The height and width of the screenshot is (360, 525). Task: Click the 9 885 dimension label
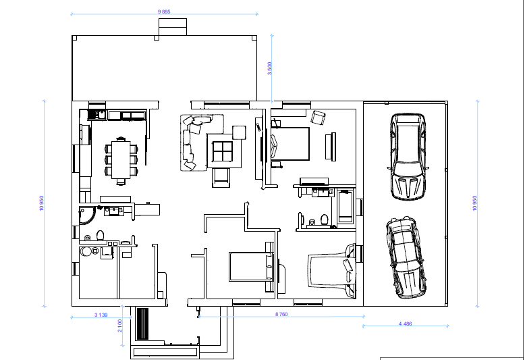tap(164, 11)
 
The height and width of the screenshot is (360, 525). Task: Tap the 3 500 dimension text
tap(269, 68)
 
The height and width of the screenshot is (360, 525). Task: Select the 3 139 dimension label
tap(101, 315)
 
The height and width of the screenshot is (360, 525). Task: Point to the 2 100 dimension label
tap(120, 326)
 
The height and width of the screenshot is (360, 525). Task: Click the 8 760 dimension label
tap(281, 314)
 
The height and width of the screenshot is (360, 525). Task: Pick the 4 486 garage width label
tap(405, 324)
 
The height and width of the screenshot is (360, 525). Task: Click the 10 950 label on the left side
tap(42, 203)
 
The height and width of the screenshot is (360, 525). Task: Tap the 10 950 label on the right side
tap(474, 203)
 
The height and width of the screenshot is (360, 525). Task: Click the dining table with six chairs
tap(121, 161)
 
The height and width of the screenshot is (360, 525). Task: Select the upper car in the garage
tap(408, 157)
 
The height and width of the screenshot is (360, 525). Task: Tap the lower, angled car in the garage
tap(406, 257)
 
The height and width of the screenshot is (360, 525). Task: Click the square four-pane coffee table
tap(223, 151)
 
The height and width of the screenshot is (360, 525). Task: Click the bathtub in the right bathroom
tap(346, 207)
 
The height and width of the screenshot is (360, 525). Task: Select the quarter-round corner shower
tap(87, 215)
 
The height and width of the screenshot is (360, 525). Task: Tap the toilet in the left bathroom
tap(100, 235)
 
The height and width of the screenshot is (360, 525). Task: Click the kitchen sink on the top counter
tap(96, 115)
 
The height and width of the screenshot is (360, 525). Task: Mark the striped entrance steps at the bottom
tap(142, 324)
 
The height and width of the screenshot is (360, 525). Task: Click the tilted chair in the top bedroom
tap(318, 118)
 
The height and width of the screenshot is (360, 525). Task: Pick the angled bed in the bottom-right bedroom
tap(332, 270)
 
